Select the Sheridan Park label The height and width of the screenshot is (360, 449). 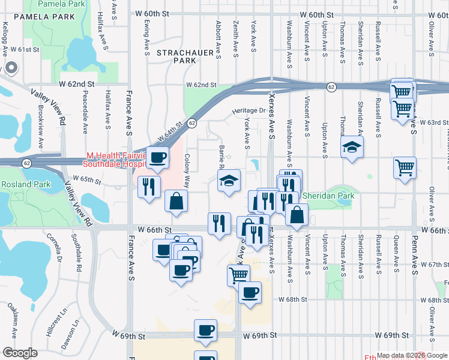[x=328, y=196]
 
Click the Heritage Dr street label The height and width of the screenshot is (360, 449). [x=249, y=111]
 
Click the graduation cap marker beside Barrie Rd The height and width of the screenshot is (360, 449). [x=228, y=181]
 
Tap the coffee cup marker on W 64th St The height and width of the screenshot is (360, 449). [x=158, y=158]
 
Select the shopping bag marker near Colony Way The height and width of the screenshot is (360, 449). [x=176, y=201]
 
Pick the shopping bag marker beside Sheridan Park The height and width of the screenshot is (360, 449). [x=297, y=214]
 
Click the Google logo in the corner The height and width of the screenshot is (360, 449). [x=20, y=353]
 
